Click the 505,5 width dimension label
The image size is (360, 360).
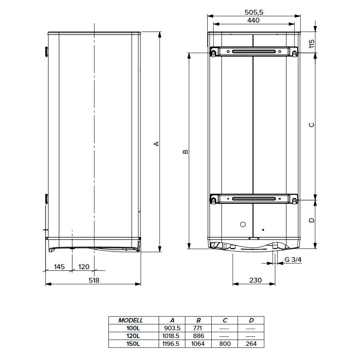click(254, 12)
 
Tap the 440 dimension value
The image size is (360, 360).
click(254, 20)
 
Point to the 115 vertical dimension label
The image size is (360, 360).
click(312, 44)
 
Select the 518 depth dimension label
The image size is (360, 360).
click(94, 280)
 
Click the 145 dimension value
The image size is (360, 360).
click(59, 267)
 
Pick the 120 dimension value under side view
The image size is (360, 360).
click(84, 267)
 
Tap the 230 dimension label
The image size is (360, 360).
click(255, 280)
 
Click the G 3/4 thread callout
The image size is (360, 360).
click(293, 260)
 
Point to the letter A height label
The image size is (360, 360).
click(156, 144)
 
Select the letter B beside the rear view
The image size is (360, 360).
click(186, 152)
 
